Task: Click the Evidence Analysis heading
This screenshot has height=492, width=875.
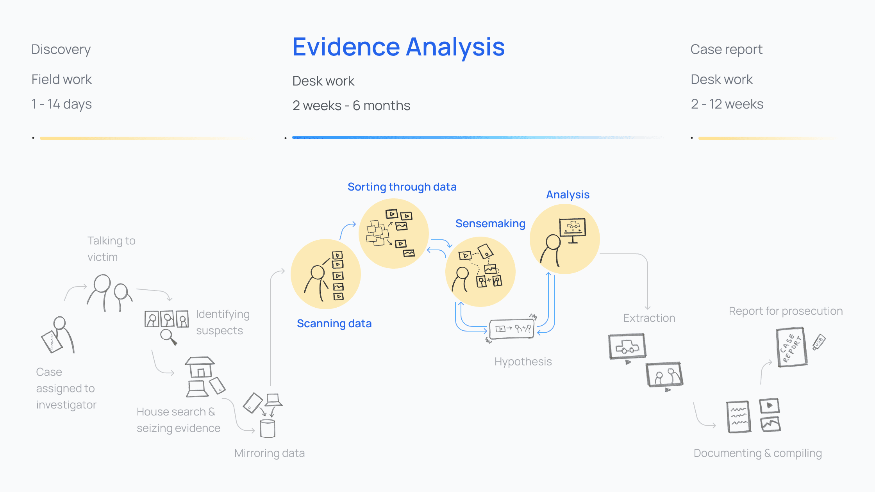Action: click(x=398, y=47)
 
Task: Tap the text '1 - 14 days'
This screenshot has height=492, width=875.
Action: click(x=62, y=104)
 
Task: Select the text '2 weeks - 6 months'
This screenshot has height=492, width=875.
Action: click(x=351, y=106)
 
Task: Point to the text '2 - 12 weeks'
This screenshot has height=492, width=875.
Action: click(x=727, y=104)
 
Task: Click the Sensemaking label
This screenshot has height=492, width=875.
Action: click(x=490, y=224)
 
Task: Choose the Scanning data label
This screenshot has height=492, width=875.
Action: click(x=334, y=324)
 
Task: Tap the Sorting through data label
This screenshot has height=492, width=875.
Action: click(x=402, y=187)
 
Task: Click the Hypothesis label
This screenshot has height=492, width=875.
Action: click(x=523, y=362)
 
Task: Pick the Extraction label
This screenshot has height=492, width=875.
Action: click(x=649, y=318)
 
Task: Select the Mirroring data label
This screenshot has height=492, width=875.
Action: click(x=270, y=453)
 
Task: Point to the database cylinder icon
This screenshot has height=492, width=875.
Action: click(x=268, y=429)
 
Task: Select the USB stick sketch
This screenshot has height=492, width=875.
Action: click(x=819, y=342)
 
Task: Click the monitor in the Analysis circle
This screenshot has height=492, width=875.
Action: click(x=573, y=229)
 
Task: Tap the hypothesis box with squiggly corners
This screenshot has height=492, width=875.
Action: click(x=512, y=329)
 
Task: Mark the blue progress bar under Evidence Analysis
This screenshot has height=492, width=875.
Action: click(x=477, y=137)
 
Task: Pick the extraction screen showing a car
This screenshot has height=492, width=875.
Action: click(x=627, y=346)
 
